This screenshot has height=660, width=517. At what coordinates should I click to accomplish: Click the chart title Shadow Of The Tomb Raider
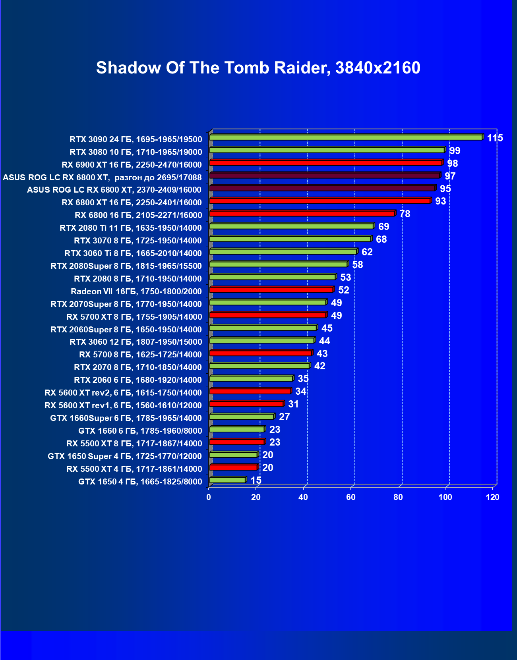pyautogui.click(x=258, y=68)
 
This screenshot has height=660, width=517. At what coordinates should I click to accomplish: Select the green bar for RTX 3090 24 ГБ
pyautogui.click(x=346, y=137)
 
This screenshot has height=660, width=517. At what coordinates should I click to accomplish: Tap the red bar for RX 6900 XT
pyautogui.click(x=326, y=163)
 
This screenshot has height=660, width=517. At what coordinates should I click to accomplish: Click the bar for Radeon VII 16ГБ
pyautogui.click(x=271, y=289)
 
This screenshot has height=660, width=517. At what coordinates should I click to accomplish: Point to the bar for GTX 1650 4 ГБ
pyautogui.click(x=227, y=480)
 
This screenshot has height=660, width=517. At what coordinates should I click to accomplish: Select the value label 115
pyautogui.click(x=495, y=138)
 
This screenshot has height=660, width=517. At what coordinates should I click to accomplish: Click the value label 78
pyautogui.click(x=405, y=214)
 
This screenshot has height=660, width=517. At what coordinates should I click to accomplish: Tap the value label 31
pyautogui.click(x=293, y=404)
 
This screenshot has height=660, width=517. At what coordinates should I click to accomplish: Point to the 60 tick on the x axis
pyautogui.click(x=350, y=497)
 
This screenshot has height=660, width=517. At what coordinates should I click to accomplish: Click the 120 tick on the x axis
pyautogui.click(x=492, y=497)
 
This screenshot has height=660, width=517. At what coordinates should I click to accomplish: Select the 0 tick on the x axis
pyautogui.click(x=209, y=497)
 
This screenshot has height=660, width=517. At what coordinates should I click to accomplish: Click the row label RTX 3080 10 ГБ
pyautogui.click(x=136, y=152)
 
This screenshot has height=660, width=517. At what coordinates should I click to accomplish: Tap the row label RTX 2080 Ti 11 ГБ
pyautogui.click(x=130, y=228)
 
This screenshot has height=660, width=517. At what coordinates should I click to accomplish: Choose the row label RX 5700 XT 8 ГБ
pyautogui.click(x=134, y=317)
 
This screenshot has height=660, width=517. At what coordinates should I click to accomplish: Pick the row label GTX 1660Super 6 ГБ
pyautogui.click(x=126, y=418)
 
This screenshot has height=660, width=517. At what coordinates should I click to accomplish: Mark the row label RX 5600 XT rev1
pyautogui.click(x=123, y=405)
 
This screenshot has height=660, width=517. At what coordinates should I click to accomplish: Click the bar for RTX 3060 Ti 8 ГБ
pyautogui.click(x=283, y=251)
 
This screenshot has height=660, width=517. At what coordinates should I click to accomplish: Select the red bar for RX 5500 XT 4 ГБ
pyautogui.click(x=233, y=467)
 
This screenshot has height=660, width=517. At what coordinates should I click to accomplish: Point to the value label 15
pyautogui.click(x=256, y=481)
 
